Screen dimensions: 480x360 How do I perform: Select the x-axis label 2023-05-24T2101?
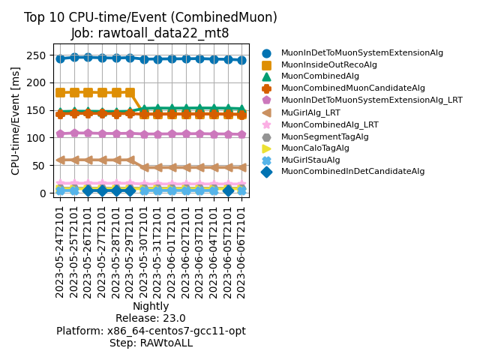click(x=60, y=252)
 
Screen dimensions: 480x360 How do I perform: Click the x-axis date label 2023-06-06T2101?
click(x=241, y=252)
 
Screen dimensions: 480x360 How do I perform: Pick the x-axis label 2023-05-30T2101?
click(x=143, y=252)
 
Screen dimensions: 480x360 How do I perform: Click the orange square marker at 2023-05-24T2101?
click(x=60, y=92)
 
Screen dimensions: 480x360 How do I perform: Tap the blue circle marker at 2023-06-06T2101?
click(x=241, y=61)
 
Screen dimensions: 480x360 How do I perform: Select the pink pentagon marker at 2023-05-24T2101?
click(x=60, y=133)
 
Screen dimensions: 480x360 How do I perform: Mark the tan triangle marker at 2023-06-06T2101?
click(x=241, y=167)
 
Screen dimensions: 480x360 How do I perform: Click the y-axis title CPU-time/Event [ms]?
click(x=15, y=121)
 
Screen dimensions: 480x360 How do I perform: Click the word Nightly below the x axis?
click(x=151, y=306)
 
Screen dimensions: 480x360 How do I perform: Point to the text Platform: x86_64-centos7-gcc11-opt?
click(x=151, y=331)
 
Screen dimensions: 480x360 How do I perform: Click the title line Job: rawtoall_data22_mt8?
click(x=150, y=33)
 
